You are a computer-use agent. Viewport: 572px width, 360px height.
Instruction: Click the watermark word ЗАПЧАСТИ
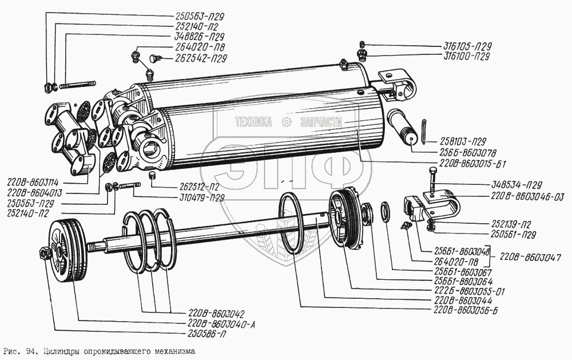(320, 122)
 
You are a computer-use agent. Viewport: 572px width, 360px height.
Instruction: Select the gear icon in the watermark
(285, 122)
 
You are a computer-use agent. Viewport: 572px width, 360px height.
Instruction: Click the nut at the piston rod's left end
(44, 253)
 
